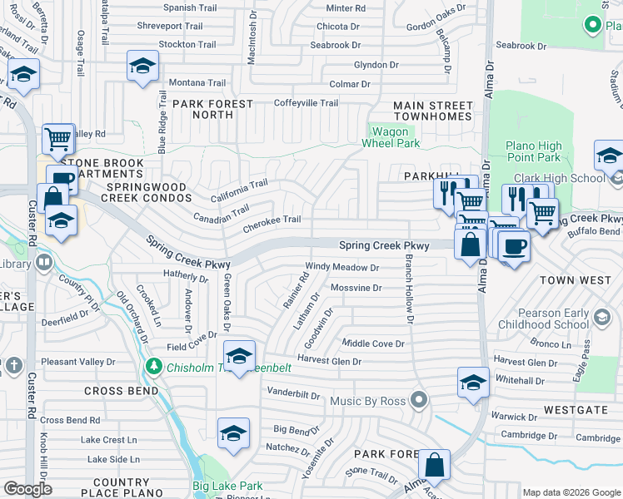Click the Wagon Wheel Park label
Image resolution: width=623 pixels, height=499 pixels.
pyautogui.click(x=391, y=137)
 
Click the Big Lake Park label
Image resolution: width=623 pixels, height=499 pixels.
pyautogui.click(x=227, y=487)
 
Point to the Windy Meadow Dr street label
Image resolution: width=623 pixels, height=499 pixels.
pyautogui.click(x=342, y=268)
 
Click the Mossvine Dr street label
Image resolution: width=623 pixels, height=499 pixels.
pyautogui.click(x=356, y=288)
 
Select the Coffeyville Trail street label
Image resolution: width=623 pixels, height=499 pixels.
pyautogui.click(x=307, y=103)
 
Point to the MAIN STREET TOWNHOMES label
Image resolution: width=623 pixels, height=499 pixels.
pyautogui.click(x=433, y=111)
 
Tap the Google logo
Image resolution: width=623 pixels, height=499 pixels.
pyautogui.click(x=27, y=489)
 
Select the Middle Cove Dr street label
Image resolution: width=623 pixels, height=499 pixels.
pyautogui.click(x=373, y=343)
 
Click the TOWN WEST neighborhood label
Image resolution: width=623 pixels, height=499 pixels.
pyautogui.click(x=575, y=280)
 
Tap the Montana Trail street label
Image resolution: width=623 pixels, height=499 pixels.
pyautogui.click(x=197, y=83)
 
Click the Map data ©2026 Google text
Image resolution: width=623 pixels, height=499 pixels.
pyautogui.click(x=571, y=492)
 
